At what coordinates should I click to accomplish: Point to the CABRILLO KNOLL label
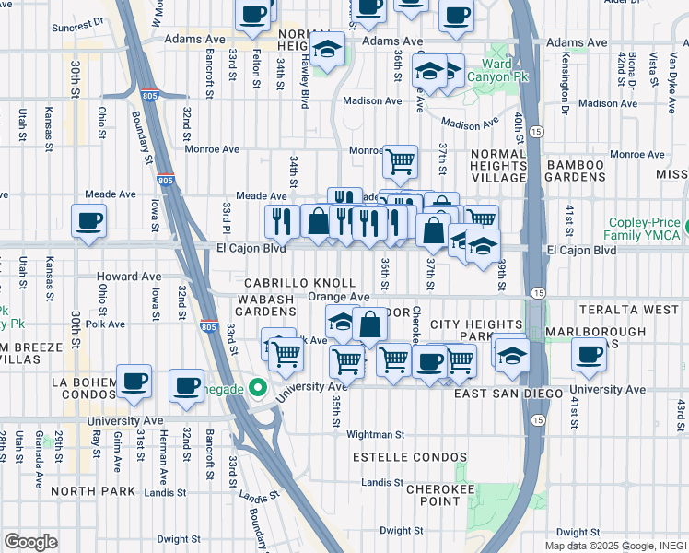299,283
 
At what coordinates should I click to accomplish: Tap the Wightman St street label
375,434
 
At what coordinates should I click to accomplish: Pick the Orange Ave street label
338,297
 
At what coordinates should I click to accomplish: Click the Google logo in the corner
30,541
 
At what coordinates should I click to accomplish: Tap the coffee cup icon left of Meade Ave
88,221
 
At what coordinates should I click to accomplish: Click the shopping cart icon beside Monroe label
400,162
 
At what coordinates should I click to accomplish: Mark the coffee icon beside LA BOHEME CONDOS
134,382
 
